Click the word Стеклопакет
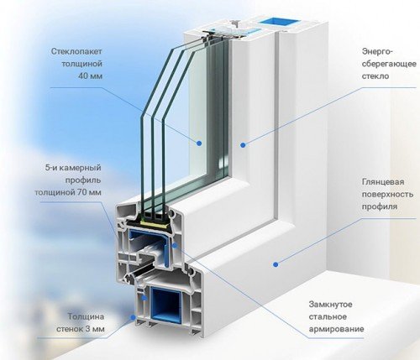(x=76, y=51)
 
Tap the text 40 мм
(x=90, y=76)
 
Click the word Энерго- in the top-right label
(x=378, y=52)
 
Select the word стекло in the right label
(x=375, y=76)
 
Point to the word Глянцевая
(x=383, y=182)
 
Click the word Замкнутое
(x=330, y=304)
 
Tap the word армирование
(x=336, y=329)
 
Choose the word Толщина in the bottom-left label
(x=87, y=316)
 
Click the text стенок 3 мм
(x=81, y=329)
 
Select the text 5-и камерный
(x=73, y=168)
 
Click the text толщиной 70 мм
(x=68, y=192)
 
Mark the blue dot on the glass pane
(x=199, y=143)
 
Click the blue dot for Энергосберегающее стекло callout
(x=243, y=145)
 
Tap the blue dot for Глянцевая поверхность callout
(x=276, y=264)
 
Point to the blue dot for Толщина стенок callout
(x=134, y=317)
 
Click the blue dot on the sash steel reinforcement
(x=175, y=246)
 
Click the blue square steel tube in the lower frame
(x=165, y=304)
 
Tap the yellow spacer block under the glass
(x=155, y=222)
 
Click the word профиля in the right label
(x=380, y=207)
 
